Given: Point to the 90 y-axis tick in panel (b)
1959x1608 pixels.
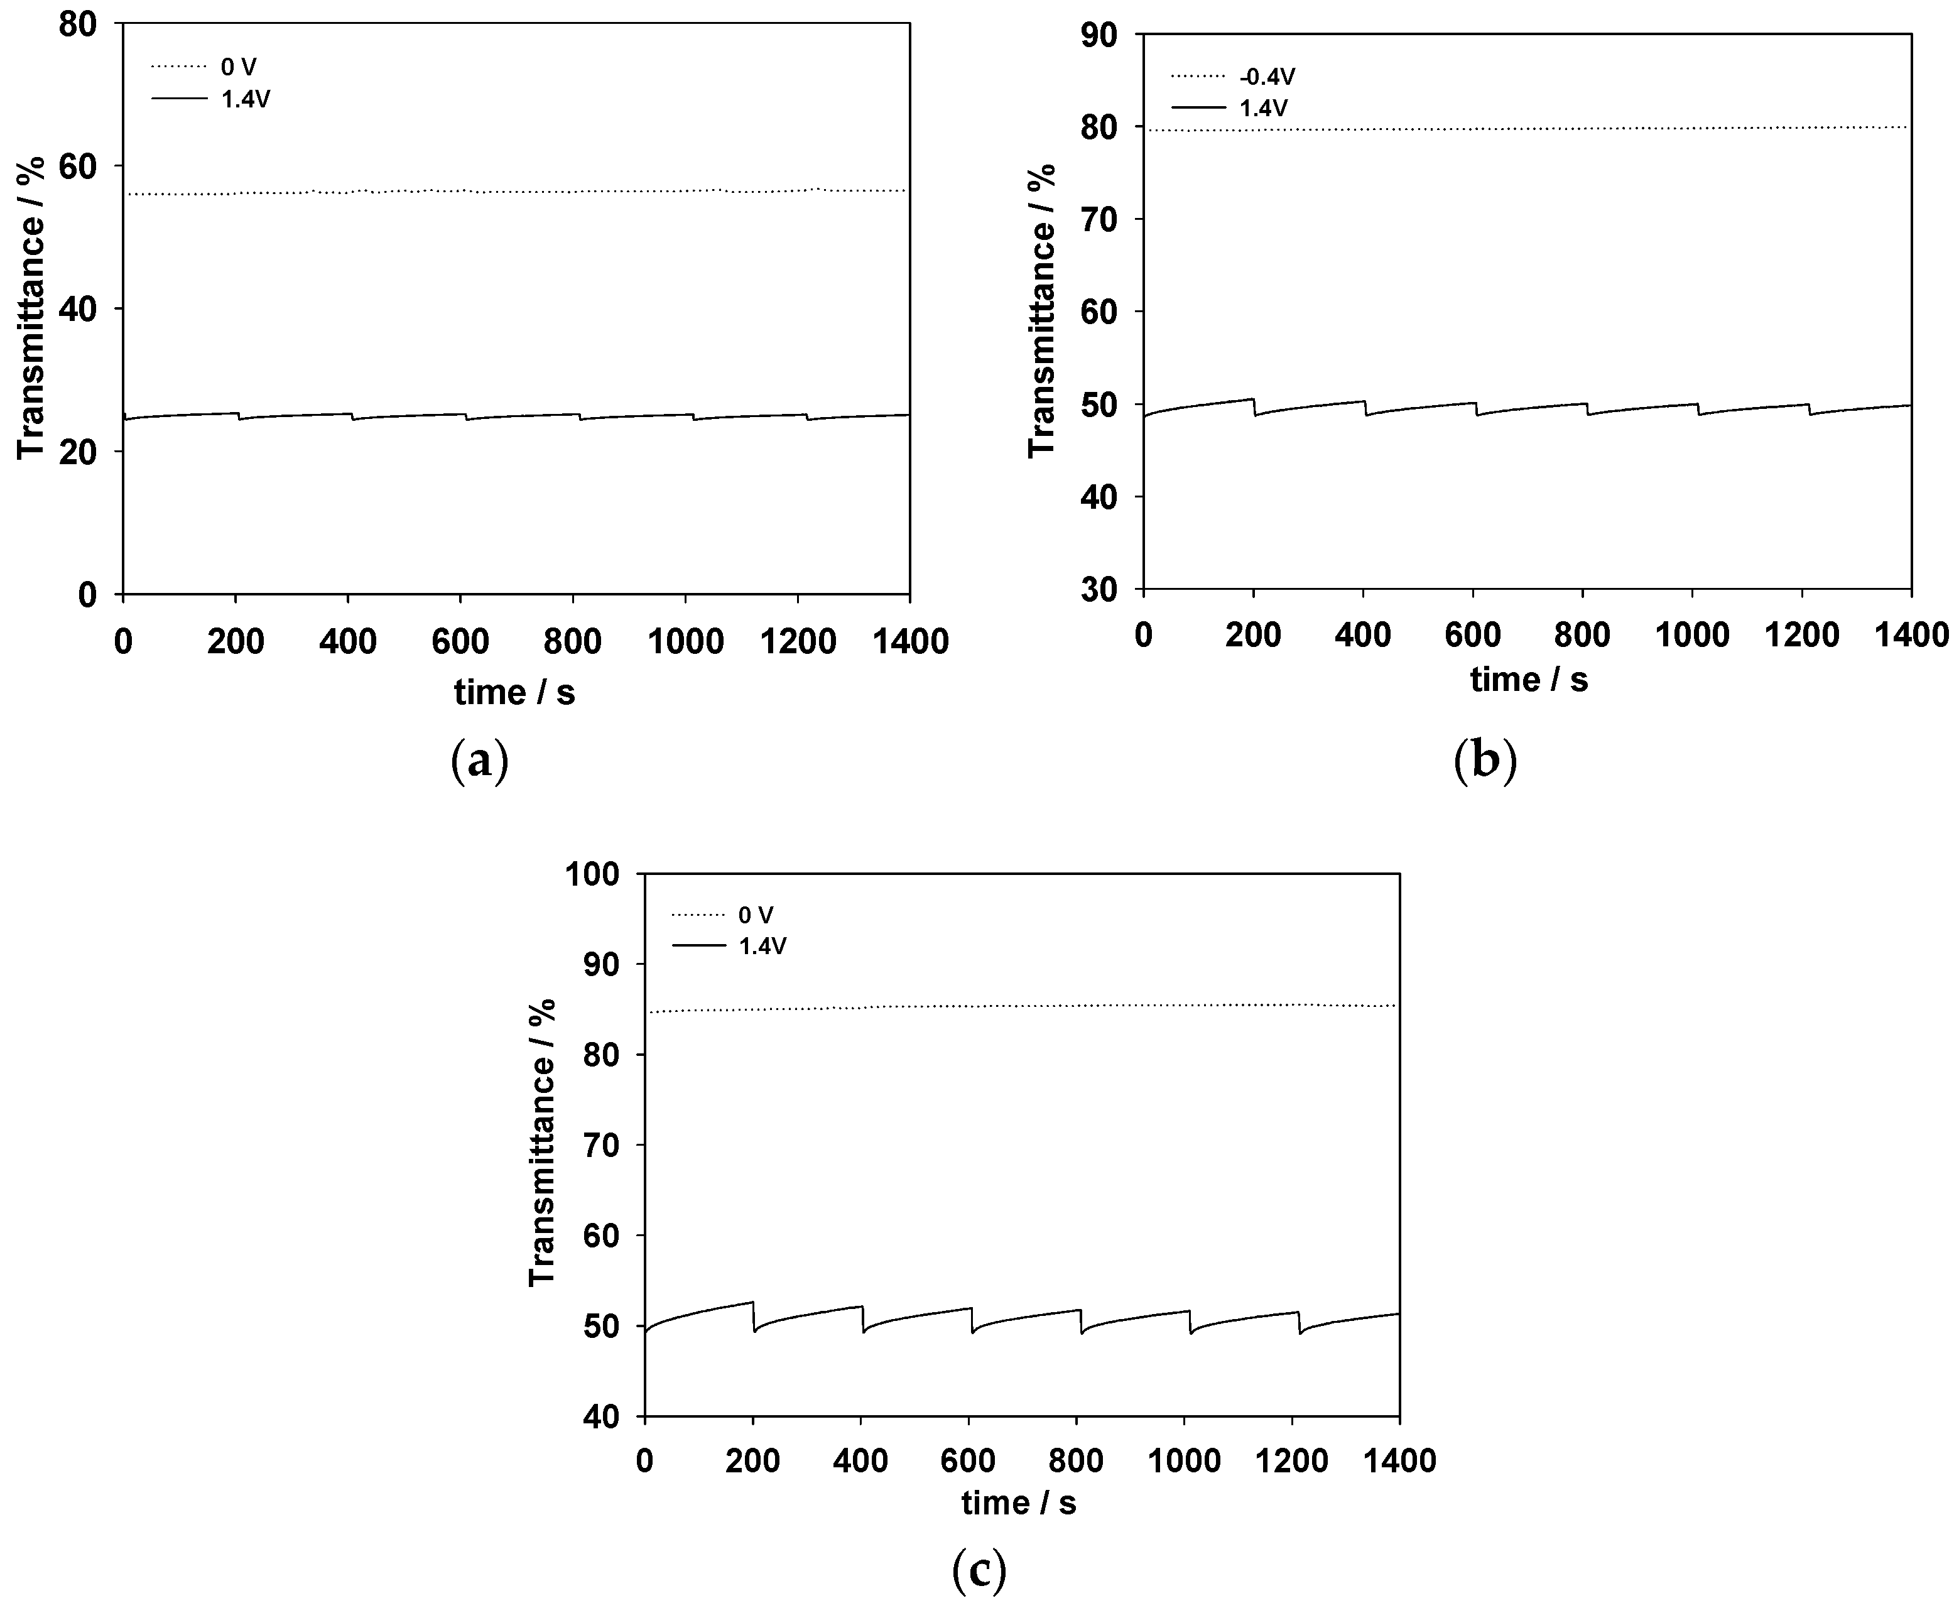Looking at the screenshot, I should (x=1099, y=35).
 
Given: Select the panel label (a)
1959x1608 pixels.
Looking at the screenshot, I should (x=479, y=761).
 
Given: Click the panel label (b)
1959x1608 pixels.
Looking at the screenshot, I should (x=1485, y=761).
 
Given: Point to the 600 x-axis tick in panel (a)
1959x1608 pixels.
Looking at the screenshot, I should (x=460, y=641).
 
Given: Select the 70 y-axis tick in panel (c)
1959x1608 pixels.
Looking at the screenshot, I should (x=602, y=1146).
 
